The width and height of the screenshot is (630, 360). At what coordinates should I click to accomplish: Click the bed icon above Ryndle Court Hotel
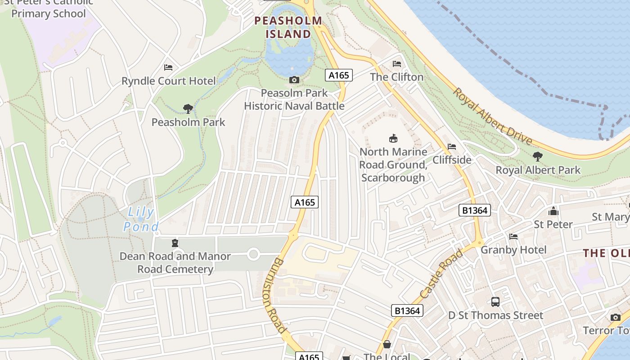click(168, 67)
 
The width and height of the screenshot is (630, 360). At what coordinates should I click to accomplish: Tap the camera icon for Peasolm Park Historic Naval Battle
click(294, 80)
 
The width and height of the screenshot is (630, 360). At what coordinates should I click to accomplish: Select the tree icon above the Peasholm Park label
click(188, 108)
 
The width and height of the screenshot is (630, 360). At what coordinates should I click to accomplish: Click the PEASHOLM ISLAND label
click(288, 27)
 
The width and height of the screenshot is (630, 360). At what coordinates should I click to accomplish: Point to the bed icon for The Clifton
click(396, 64)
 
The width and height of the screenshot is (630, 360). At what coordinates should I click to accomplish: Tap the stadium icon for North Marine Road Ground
click(393, 138)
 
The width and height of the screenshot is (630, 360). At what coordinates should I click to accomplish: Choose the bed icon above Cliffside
click(452, 147)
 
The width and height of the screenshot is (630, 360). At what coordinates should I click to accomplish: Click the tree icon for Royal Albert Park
click(537, 157)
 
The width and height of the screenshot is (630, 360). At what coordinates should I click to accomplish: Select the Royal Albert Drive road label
click(492, 117)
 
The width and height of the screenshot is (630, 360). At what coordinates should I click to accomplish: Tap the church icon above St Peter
click(553, 211)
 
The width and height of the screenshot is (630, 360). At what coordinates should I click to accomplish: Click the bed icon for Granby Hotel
click(513, 237)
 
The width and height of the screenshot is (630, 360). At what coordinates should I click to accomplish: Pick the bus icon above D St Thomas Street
click(495, 302)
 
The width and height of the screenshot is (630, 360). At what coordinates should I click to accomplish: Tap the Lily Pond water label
click(141, 219)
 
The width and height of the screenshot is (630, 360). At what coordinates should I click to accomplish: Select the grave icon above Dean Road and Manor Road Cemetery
click(175, 243)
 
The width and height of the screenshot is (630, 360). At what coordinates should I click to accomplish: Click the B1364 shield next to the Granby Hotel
click(475, 210)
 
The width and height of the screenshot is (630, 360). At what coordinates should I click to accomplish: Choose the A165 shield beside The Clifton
click(338, 75)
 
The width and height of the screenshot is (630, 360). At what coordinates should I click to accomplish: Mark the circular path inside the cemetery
click(253, 255)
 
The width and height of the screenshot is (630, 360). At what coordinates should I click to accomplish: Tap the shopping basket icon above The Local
click(387, 345)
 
